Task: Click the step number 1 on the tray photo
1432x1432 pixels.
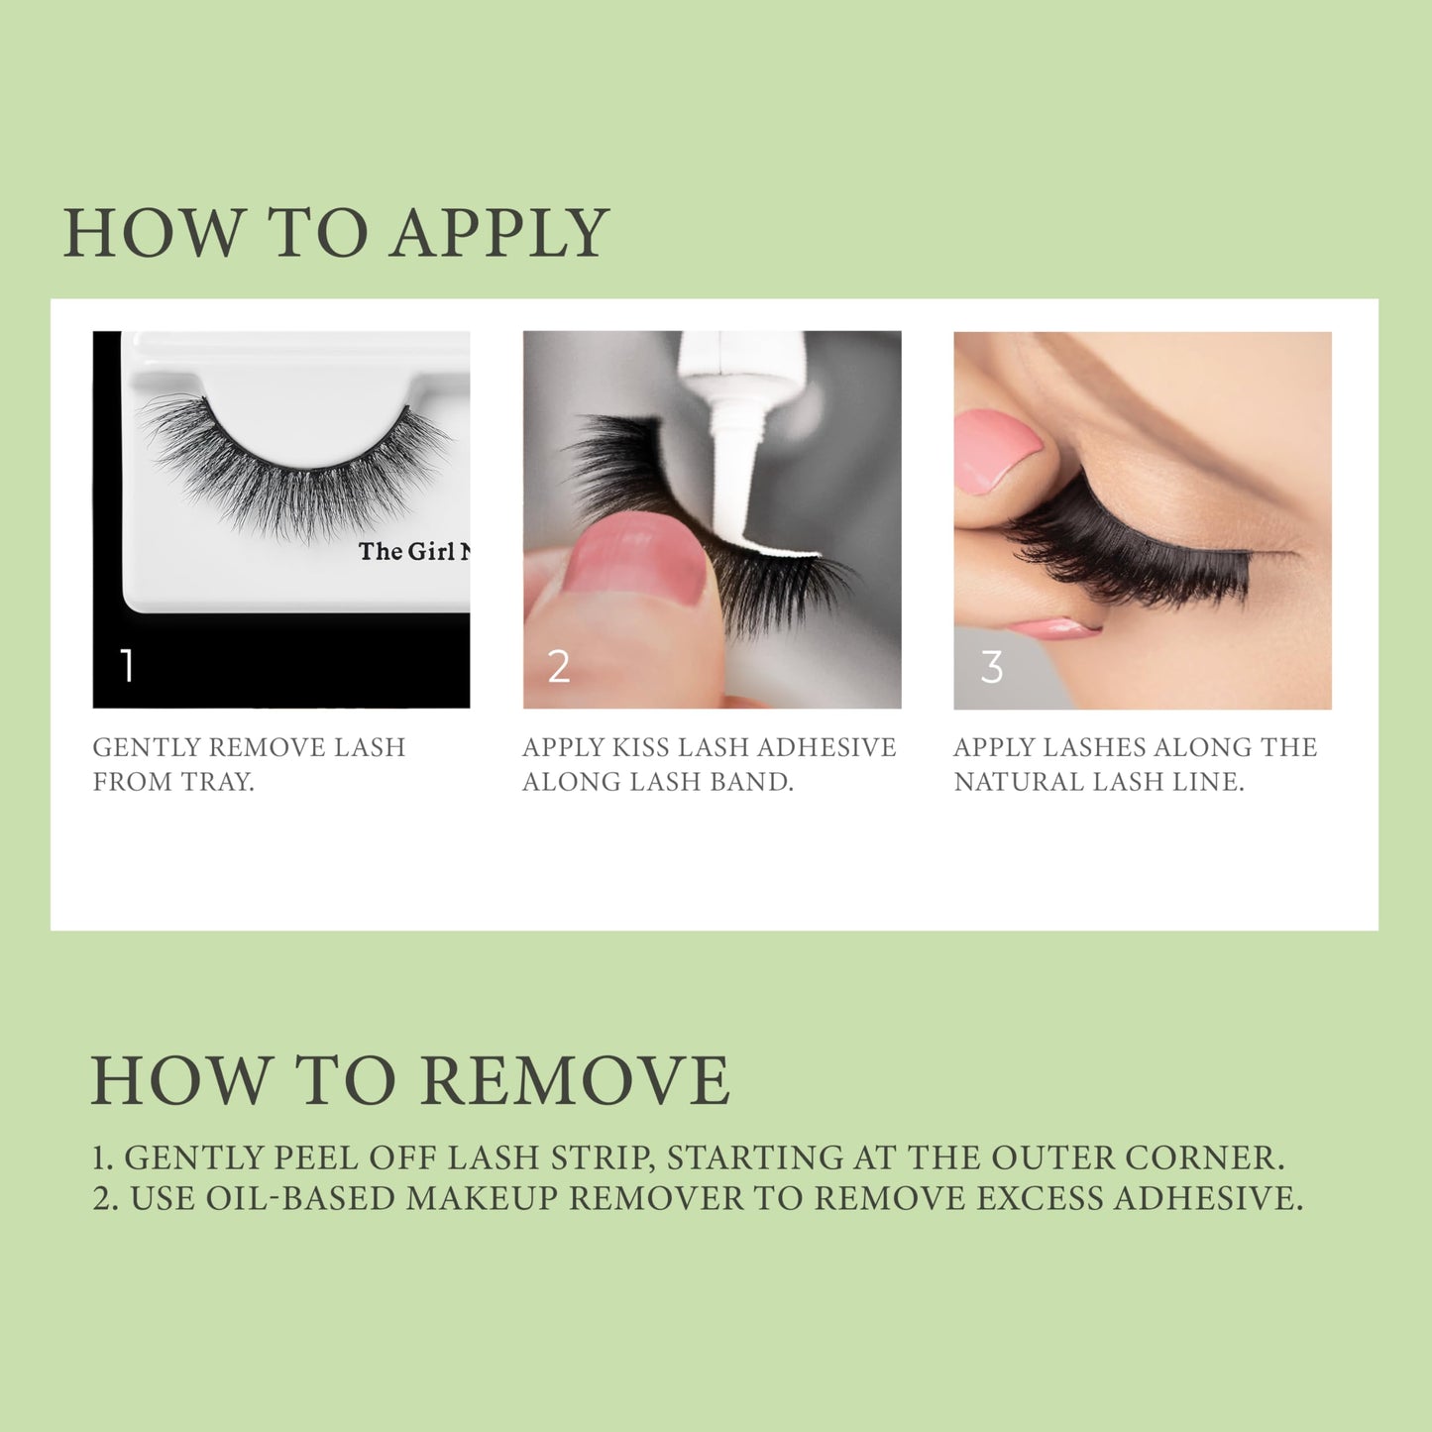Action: (127, 666)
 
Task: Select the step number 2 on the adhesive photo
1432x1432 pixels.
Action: (559, 667)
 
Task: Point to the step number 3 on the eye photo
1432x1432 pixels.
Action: (991, 667)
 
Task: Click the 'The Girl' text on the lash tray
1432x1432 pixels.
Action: (406, 552)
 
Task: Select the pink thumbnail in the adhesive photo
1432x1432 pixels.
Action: (634, 560)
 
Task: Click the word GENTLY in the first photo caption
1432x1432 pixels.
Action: (147, 747)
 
